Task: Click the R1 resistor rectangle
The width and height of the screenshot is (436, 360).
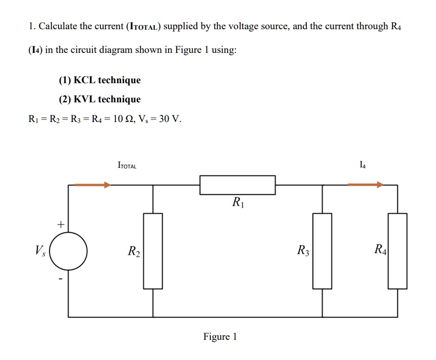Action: (x=237, y=185)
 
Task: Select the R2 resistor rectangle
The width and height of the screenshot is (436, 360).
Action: (x=153, y=251)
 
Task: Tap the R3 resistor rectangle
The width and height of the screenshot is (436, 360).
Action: (x=322, y=251)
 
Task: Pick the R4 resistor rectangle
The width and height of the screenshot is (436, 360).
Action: (x=397, y=251)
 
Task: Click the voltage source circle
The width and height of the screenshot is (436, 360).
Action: (x=69, y=251)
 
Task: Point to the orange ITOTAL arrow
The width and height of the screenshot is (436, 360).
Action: (x=92, y=185)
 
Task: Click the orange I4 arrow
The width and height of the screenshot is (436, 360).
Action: (x=365, y=185)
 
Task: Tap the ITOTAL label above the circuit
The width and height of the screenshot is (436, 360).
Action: (x=127, y=165)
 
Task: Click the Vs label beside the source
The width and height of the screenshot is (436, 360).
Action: (x=40, y=250)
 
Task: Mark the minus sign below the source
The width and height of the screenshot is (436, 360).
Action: (x=61, y=279)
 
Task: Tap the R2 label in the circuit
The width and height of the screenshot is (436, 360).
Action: (x=134, y=251)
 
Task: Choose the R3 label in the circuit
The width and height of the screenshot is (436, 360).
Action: (x=303, y=250)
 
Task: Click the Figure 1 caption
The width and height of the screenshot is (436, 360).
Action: (x=220, y=336)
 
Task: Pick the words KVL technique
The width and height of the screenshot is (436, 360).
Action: (x=107, y=99)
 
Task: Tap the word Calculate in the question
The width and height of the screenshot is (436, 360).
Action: (x=58, y=26)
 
